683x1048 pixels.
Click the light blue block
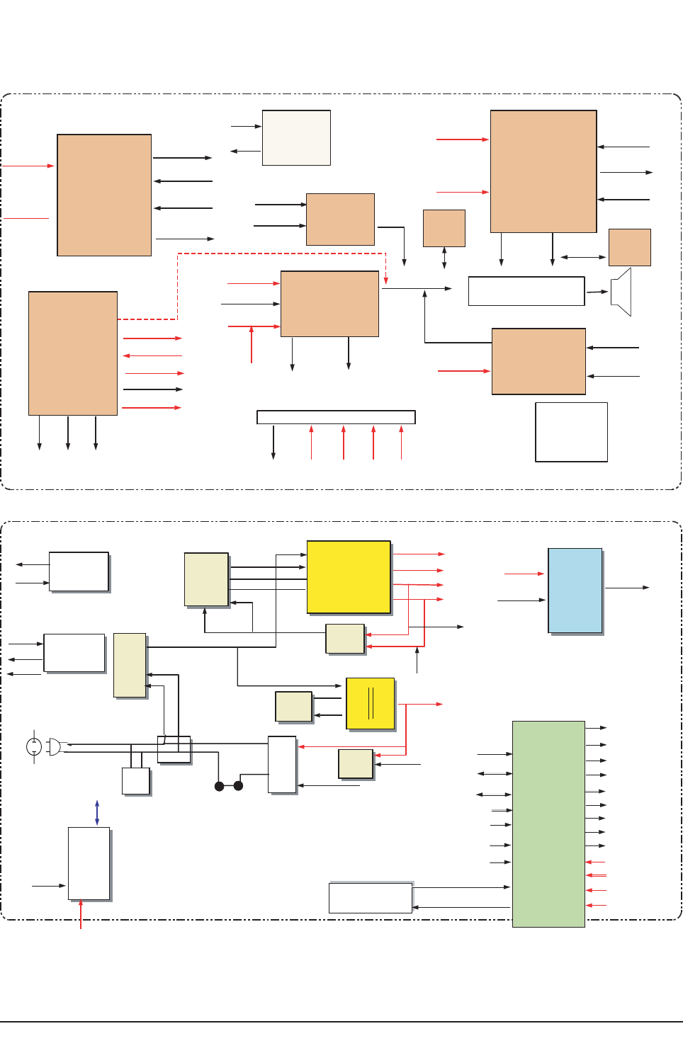coord(575,591)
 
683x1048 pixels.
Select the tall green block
coord(548,824)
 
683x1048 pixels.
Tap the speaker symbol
coord(621,292)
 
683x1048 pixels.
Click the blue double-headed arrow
coord(97,812)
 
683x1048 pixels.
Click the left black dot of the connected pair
coord(220,786)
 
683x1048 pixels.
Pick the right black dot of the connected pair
coord(239,785)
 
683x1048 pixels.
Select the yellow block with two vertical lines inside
coord(370,703)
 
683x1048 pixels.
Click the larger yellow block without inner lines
coord(349,577)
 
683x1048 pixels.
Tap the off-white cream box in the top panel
coord(296,137)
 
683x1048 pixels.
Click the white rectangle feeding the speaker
coord(526,291)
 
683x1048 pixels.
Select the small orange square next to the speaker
coord(629,247)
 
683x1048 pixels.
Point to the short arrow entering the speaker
coord(597,292)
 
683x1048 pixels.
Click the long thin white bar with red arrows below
coord(336,417)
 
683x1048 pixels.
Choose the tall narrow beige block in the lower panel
coord(130,665)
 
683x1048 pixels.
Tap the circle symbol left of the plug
coord(34,746)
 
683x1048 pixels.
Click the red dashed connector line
coord(282,254)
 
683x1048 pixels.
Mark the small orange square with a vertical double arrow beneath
coord(444,228)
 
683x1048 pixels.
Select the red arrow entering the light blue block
coord(524,574)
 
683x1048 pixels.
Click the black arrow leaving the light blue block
coord(627,588)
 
